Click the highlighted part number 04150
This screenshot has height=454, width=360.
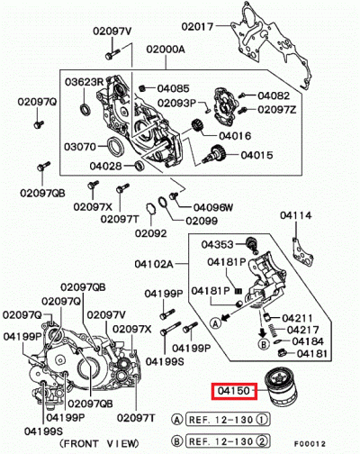click(234, 391)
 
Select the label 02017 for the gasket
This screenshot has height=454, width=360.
click(197, 27)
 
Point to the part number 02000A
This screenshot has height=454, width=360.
click(166, 49)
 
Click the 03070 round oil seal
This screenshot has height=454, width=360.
click(115, 146)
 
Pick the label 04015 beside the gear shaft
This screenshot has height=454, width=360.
click(257, 155)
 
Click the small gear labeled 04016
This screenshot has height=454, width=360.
click(197, 125)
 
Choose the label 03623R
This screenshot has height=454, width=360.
click(84, 82)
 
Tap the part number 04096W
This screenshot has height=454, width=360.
click(213, 207)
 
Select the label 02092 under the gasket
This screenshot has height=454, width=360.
click(150, 233)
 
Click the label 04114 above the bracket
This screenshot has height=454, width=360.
click(296, 215)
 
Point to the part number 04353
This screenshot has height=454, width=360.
click(217, 244)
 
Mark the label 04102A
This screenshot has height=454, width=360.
click(154, 264)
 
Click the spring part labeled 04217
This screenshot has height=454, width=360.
click(273, 330)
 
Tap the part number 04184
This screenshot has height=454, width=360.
click(308, 341)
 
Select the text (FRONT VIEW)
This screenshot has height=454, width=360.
click(99, 443)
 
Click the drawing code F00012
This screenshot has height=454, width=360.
click(310, 444)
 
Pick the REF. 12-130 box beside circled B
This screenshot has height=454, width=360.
click(228, 441)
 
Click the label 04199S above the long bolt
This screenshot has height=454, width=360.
click(165, 361)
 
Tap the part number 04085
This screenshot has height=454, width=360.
click(174, 88)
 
